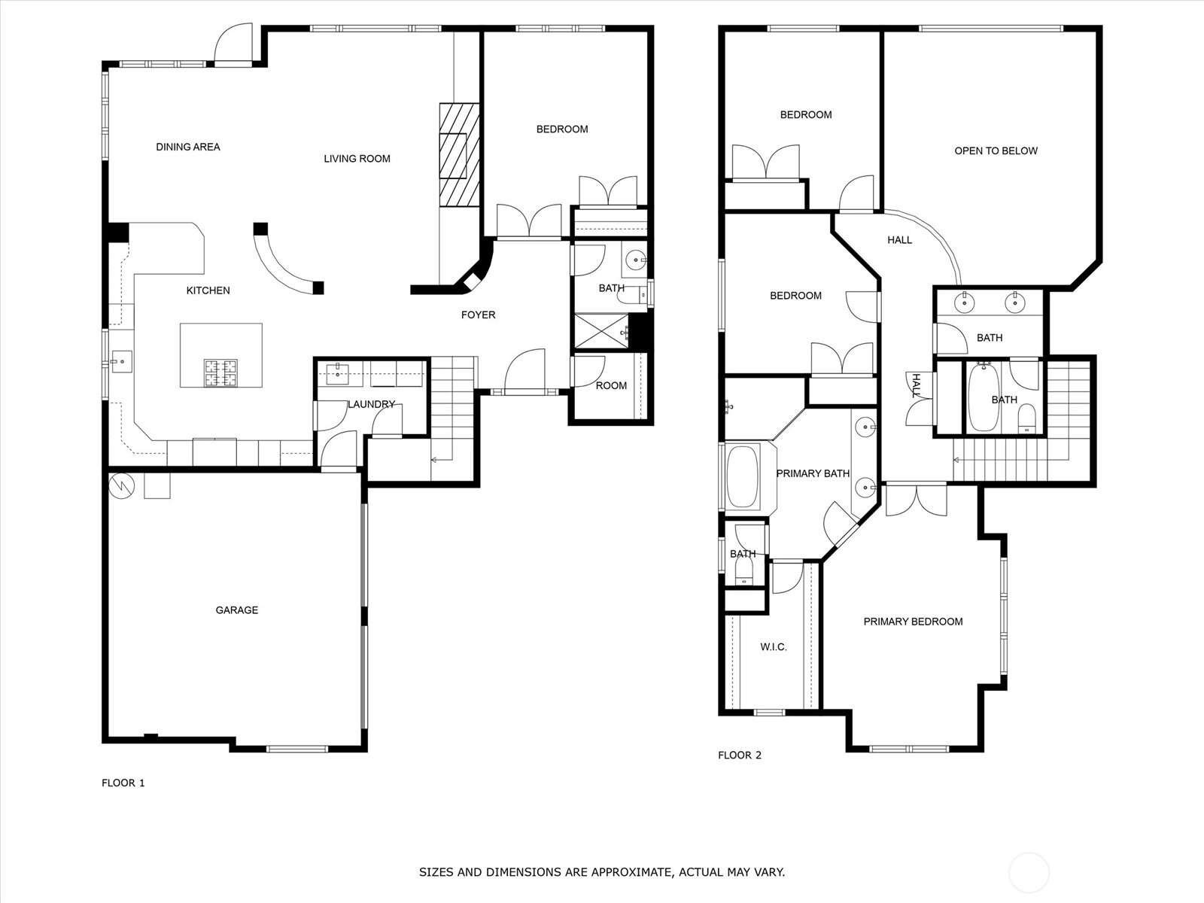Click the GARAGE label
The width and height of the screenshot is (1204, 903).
coord(236,610)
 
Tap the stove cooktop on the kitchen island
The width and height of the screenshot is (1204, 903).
coord(220,372)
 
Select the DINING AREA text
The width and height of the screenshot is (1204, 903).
coord(188,147)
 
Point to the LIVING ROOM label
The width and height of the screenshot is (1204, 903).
coord(357,159)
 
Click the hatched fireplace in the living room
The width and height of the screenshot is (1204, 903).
coord(459,155)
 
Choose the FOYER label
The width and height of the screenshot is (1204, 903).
coord(479,315)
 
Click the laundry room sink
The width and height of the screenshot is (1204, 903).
coord(337,374)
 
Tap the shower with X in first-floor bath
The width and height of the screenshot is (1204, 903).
coord(602,331)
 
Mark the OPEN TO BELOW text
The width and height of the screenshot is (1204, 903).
coord(996,150)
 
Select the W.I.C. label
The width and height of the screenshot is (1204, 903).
coord(774,647)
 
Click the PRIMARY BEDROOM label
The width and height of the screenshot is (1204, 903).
coord(914,622)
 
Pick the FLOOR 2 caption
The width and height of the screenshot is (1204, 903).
coord(740,755)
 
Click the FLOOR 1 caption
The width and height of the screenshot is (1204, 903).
coord(123,783)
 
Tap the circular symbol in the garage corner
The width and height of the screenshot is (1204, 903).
coord(121,486)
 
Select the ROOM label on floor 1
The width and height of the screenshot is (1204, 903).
coord(611,385)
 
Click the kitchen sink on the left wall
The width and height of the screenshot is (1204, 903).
coord(122,362)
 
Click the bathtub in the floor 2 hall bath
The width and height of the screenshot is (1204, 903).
coord(984,397)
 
